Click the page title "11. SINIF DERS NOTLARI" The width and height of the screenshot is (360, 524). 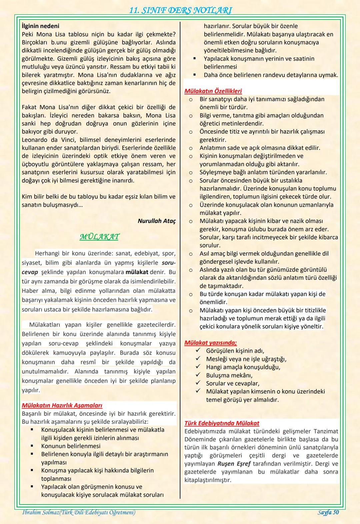(180, 10)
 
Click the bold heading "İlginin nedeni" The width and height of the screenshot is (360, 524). (40, 26)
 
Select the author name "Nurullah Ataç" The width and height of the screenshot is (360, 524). (156, 221)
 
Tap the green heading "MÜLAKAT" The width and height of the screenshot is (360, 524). (99, 237)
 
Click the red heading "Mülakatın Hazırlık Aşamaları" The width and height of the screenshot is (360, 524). (62, 406)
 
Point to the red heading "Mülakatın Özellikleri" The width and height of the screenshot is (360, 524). (213, 91)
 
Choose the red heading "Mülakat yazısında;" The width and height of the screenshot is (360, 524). (211, 343)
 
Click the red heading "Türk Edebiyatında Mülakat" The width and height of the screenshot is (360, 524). (222, 423)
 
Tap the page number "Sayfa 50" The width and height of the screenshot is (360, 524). (328, 512)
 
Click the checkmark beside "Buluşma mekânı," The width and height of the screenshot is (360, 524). (198, 375)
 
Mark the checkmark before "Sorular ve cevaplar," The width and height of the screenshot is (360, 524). (198, 383)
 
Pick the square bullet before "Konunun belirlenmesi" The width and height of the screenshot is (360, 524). (32, 446)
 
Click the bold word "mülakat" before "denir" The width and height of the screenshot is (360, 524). (137, 272)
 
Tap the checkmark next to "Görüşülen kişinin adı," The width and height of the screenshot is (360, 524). (198, 351)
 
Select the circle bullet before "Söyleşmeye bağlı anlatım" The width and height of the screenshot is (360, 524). (190, 172)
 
